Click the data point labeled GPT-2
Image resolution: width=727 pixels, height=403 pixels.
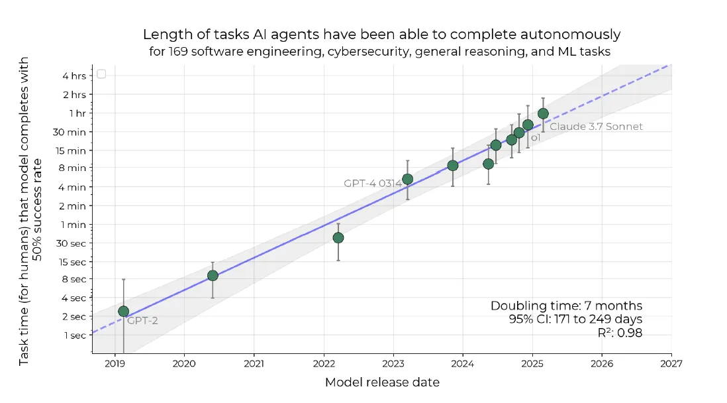[123, 311]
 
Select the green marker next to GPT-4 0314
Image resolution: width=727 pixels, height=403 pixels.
[407, 179]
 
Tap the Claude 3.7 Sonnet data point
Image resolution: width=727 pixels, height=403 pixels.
[543, 113]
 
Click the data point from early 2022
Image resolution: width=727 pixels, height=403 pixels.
[338, 237]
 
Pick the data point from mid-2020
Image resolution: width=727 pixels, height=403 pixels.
[213, 275]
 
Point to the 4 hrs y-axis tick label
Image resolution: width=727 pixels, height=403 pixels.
[73, 76]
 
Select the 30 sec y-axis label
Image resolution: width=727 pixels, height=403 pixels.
[72, 243]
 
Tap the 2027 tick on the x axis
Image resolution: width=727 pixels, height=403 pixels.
[671, 363]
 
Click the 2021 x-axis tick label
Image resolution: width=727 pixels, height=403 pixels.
[254, 363]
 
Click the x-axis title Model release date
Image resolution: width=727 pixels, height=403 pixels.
[382, 382]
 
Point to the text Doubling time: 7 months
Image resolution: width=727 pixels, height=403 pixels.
[566, 306]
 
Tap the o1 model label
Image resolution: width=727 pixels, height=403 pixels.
[536, 138]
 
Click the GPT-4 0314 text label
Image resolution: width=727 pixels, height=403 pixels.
[372, 183]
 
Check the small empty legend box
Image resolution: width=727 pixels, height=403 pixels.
[101, 74]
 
